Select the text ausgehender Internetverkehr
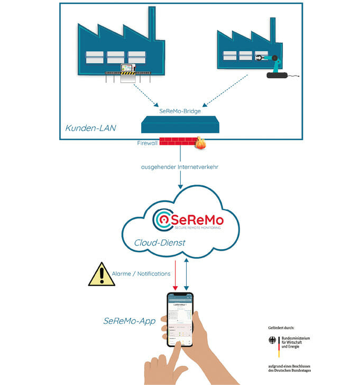pos(180,167)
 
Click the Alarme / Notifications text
pos(141,273)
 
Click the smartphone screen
pos(180,320)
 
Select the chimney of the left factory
pos(152,23)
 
